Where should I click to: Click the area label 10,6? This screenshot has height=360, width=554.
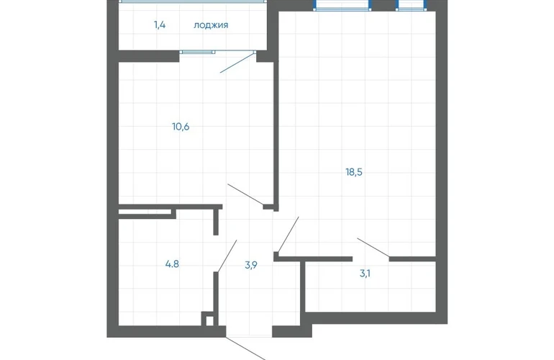(181, 127)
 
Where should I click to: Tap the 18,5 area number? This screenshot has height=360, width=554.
(354, 172)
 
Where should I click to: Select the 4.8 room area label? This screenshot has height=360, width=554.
(172, 264)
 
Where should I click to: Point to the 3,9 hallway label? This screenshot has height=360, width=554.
(251, 264)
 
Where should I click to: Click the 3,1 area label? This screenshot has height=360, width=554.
(365, 274)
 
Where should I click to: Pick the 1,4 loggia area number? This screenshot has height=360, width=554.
(160, 25)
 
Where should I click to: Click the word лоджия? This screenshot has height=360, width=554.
(211, 25)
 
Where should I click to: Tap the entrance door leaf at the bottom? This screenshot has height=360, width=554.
(246, 348)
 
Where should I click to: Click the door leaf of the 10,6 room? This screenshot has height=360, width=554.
(246, 194)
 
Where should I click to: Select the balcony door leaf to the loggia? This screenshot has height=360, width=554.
(237, 63)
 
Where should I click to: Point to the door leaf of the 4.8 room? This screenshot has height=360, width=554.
(227, 256)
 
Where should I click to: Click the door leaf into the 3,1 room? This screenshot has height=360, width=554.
(373, 247)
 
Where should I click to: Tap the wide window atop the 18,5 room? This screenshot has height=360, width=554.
(342, 6)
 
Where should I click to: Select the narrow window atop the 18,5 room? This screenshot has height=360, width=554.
(412, 6)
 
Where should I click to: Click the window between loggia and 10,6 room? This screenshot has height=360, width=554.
(198, 52)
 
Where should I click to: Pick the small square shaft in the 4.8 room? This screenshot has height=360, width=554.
(209, 319)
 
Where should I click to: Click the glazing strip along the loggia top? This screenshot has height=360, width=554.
(192, 1)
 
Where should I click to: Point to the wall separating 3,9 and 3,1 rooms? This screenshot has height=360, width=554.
(302, 287)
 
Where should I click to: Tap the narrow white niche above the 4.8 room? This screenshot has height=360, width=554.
(145, 212)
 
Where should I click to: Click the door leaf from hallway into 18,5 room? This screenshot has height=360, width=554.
(289, 235)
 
